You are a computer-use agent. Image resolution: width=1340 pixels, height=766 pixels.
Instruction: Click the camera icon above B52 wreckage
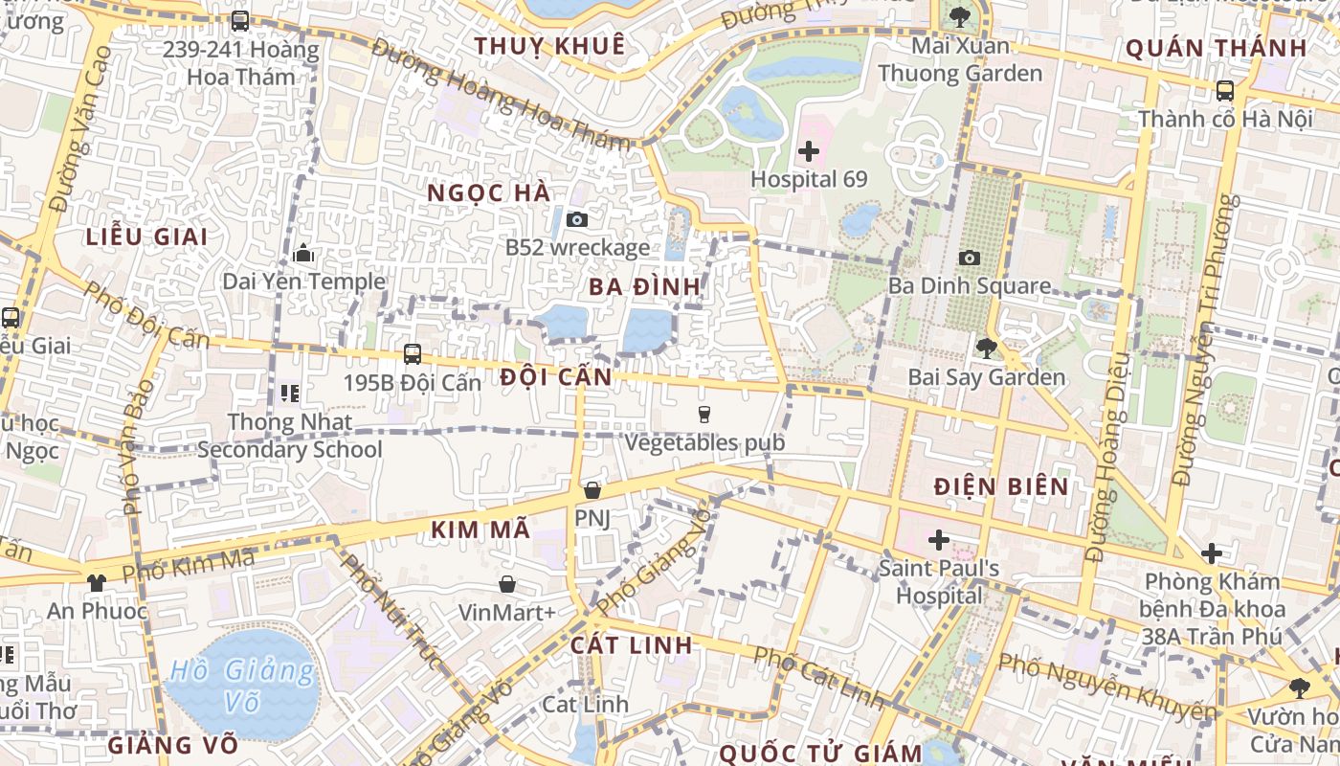coord(576,219)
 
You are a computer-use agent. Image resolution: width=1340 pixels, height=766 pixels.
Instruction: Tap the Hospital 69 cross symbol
coord(809,150)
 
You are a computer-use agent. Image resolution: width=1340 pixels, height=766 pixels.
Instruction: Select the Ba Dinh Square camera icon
coord(969,258)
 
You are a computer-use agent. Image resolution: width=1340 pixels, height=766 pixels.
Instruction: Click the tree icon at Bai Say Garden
coord(986,349)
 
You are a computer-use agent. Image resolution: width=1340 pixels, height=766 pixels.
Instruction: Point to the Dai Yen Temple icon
coord(304,254)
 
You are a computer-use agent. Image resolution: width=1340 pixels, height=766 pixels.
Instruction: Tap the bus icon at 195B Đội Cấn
coord(413,353)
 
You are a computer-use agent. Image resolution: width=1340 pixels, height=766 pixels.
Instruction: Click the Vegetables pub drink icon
coord(704,414)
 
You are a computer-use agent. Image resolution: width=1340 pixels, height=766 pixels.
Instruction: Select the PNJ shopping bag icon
coord(592,490)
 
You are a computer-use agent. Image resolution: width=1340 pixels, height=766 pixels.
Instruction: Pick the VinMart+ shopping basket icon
coord(507,583)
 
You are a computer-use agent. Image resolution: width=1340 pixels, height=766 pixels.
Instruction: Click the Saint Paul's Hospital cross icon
coord(939,540)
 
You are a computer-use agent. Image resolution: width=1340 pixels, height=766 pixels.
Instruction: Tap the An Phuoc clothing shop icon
coord(97,582)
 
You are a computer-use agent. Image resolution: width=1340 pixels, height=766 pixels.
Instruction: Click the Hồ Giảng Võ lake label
coord(242,687)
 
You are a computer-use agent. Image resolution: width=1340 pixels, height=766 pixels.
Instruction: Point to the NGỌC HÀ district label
coord(488,192)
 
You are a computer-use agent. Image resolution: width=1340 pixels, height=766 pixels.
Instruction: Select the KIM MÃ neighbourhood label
coord(480,529)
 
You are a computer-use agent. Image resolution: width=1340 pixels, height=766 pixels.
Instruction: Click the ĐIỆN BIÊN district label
coord(1001,486)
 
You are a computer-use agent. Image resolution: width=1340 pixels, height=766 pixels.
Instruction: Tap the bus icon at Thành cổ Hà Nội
coord(1224,91)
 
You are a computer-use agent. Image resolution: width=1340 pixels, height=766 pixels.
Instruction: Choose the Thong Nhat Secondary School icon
coord(290,393)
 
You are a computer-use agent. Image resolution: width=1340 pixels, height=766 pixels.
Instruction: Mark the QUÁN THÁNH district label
coord(1216,48)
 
